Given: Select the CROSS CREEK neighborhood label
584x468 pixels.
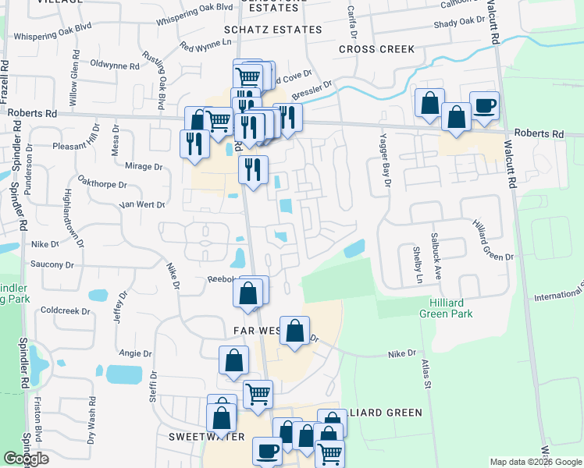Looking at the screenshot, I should pyautogui.click(x=377, y=49).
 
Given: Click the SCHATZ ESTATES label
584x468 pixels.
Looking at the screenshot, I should pyautogui.click(x=272, y=30).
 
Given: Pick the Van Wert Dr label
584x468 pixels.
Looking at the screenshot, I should pyautogui.click(x=141, y=205).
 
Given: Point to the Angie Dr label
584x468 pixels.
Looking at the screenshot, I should pyautogui.click(x=136, y=353).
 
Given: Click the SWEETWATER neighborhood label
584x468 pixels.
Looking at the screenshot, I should pyautogui.click(x=198, y=437).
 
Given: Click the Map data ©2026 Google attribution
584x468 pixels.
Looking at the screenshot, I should pyautogui.click(x=535, y=462).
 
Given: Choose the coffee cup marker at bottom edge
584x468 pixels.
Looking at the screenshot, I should pyautogui.click(x=268, y=451).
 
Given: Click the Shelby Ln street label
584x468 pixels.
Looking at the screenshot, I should pyautogui.click(x=418, y=265).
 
